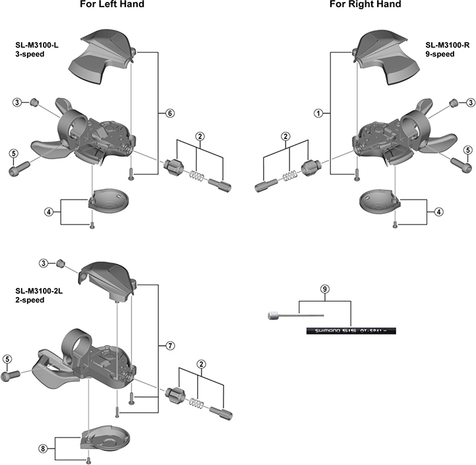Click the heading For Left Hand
click(x=111, y=5)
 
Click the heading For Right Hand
click(x=366, y=5)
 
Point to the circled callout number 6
click(x=169, y=113)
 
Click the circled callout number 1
click(x=318, y=113)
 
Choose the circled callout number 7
click(x=169, y=345)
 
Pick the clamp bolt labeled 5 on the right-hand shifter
click(x=459, y=161)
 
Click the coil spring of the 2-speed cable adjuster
click(x=196, y=402)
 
